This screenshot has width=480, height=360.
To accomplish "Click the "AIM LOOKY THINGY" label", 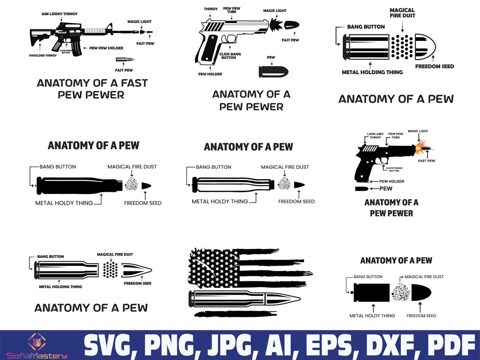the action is (x=60, y=14).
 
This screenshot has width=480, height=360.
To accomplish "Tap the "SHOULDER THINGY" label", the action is (x=43, y=56).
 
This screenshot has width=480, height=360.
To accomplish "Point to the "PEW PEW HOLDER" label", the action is (x=106, y=48).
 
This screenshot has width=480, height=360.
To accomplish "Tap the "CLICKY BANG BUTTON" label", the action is (x=394, y=169).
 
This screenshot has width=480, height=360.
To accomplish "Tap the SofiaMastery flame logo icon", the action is (x=36, y=341).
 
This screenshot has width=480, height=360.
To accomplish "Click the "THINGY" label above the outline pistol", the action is (x=211, y=9).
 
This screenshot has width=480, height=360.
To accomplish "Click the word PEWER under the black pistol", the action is (x=391, y=213).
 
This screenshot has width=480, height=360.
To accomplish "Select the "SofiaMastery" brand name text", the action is (x=36, y=356).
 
